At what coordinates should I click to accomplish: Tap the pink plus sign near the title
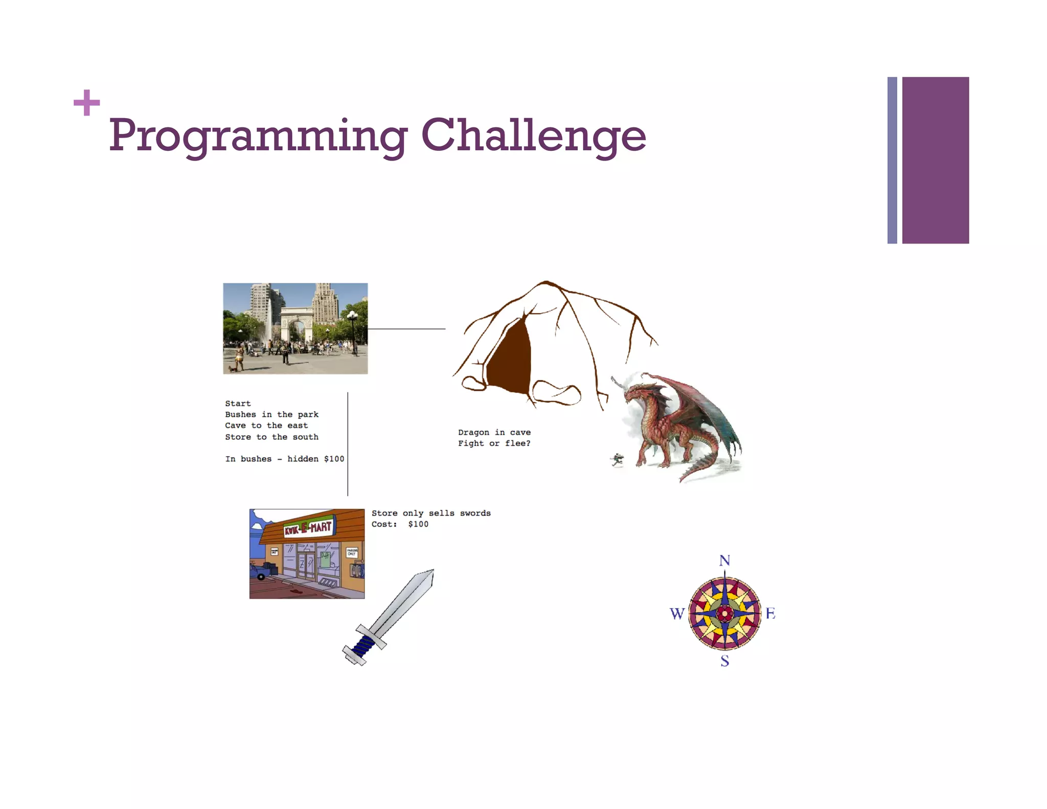click(x=86, y=103)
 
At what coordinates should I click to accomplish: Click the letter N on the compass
click(x=724, y=561)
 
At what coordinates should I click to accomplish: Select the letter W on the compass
click(x=676, y=614)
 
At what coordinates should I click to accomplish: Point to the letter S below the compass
click(x=724, y=661)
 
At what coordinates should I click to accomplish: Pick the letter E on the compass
click(x=770, y=613)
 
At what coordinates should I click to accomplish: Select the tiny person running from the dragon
click(x=618, y=459)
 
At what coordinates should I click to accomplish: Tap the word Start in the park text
click(x=238, y=403)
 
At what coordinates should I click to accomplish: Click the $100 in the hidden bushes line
click(x=334, y=459)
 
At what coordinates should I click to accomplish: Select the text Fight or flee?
click(x=494, y=443)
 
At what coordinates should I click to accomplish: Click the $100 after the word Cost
click(x=418, y=524)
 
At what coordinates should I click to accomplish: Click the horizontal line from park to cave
click(x=406, y=329)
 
